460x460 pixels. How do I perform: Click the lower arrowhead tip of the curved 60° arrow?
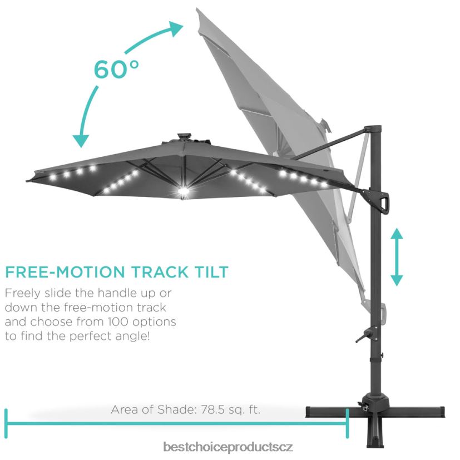pos(81,147)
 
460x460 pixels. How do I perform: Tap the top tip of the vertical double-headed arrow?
pos(397,227)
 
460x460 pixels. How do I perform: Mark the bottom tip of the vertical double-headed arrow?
pos(397,286)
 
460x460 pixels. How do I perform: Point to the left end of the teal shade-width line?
pos(6,423)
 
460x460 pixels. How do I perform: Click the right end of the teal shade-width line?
pos(348,423)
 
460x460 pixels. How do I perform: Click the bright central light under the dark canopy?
pos(184,191)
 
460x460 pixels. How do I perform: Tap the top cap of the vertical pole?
pos(373,128)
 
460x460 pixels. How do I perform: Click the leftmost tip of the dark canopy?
pos(26,181)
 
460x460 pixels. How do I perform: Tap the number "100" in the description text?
pos(117,322)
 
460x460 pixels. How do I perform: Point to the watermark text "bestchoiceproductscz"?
pos(227,447)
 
